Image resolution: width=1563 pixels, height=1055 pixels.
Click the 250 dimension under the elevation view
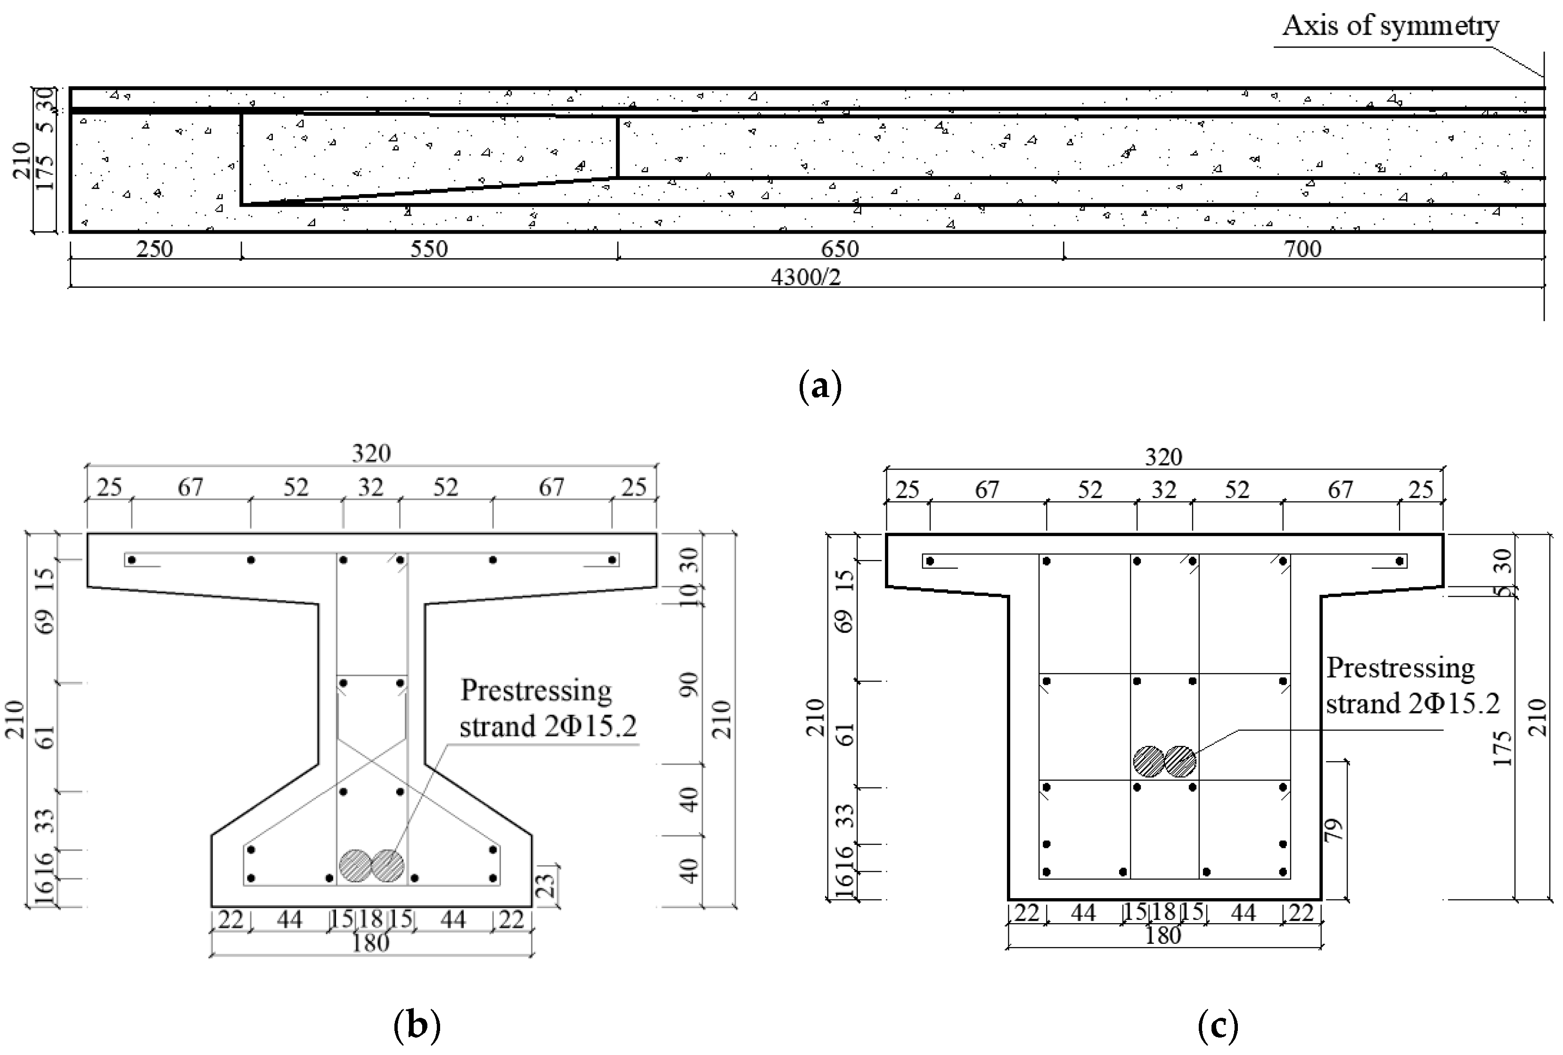tap(154, 250)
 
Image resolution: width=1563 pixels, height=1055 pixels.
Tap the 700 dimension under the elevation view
tap(1303, 250)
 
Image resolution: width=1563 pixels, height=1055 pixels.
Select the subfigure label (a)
tap(820, 387)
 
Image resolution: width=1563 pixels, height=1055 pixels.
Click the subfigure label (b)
tap(416, 1025)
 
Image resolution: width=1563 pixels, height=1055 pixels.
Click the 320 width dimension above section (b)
tap(371, 454)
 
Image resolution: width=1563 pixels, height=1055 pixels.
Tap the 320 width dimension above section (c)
tap(1163, 457)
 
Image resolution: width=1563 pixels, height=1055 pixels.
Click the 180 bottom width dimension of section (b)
tap(370, 943)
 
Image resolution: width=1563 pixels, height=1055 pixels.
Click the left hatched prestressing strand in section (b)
tap(355, 865)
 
